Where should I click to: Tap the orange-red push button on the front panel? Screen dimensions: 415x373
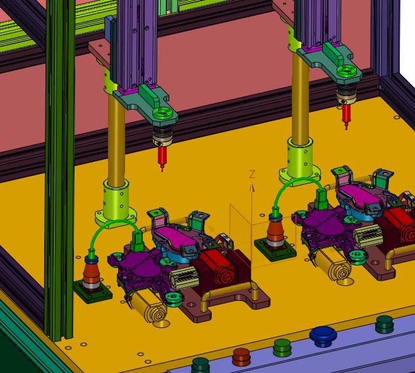(x=241, y=357)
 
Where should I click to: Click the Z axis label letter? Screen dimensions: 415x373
(x=252, y=174)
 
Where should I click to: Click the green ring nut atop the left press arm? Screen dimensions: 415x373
(x=162, y=113)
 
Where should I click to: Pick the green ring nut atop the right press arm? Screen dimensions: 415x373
(x=346, y=71)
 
